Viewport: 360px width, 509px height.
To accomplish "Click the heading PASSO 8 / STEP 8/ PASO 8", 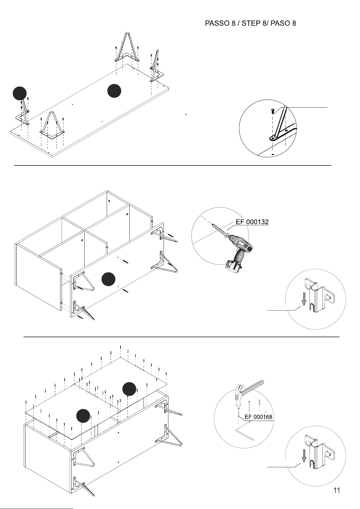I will pos(250,23).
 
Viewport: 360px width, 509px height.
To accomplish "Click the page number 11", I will pos(336,490).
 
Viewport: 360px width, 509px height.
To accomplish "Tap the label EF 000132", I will pos(252,222).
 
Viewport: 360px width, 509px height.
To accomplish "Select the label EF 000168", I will pos(258,417).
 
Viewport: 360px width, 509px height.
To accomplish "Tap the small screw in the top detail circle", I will pos(273,111).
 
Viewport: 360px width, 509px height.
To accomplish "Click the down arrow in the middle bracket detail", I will pos(304,299).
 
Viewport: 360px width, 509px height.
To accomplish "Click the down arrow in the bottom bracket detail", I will pos(304,456).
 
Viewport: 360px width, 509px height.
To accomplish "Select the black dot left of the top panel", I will pos(20,93).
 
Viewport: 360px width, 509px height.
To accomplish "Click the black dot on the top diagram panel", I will pos(114,91).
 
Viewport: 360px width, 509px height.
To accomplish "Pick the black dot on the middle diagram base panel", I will pos(108,279).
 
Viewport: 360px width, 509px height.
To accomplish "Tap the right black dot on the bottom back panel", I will pos(129,389).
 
